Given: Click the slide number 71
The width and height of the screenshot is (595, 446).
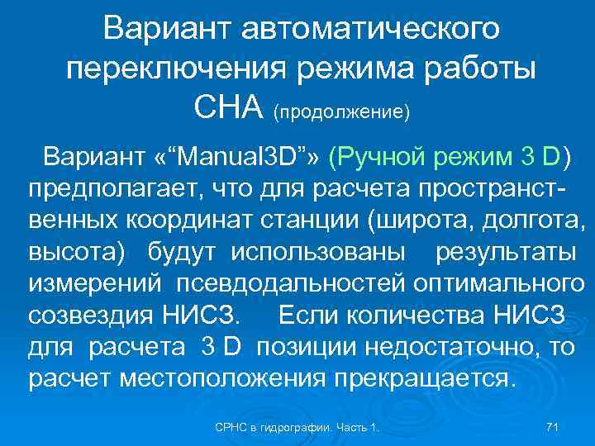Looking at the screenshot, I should [554, 426].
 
